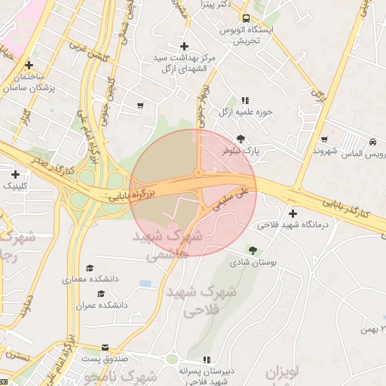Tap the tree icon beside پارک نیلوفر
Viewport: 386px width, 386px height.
point(240,139)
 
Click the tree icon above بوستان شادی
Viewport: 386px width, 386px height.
point(253,250)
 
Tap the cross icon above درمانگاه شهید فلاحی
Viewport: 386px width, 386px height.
point(293,213)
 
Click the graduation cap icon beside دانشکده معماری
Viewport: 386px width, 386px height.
point(90,268)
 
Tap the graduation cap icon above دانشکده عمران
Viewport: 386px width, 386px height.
point(100,293)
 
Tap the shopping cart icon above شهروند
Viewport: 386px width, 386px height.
point(324,139)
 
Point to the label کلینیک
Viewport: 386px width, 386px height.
point(16,185)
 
